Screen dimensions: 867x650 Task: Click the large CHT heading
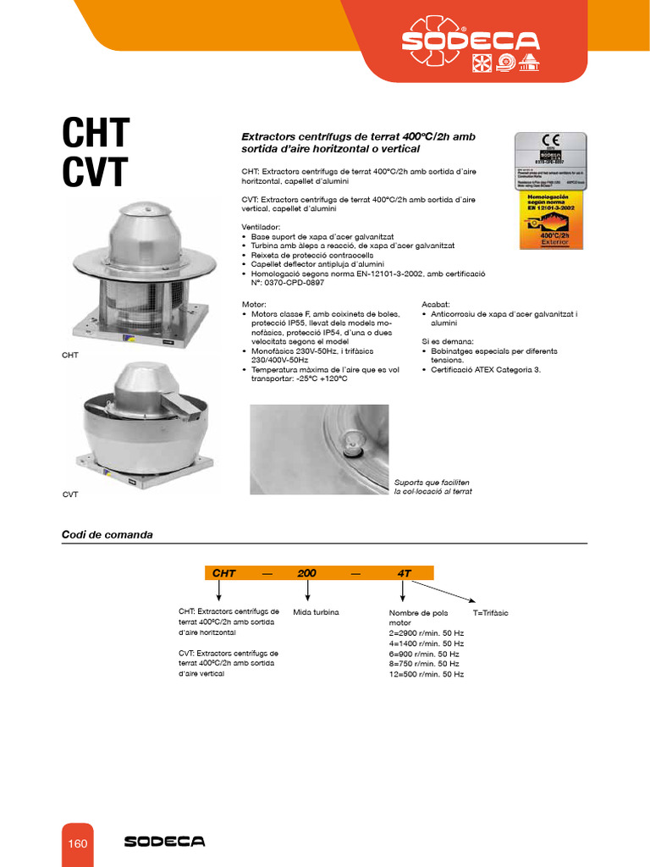(x=96, y=134)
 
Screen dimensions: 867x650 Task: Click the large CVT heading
(x=95, y=173)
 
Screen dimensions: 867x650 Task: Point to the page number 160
(x=78, y=843)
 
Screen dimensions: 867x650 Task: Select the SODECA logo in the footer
(x=164, y=842)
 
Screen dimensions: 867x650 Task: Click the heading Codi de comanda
(x=107, y=535)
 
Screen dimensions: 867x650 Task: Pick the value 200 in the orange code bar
(x=306, y=573)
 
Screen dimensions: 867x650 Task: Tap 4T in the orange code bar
(x=404, y=573)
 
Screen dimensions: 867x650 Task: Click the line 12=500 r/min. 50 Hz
(x=426, y=674)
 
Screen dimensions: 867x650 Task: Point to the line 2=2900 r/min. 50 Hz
(x=426, y=633)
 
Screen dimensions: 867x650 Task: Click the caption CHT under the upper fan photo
(x=69, y=356)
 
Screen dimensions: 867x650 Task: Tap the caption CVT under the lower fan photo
(x=69, y=494)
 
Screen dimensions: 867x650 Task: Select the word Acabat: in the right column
(x=436, y=304)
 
